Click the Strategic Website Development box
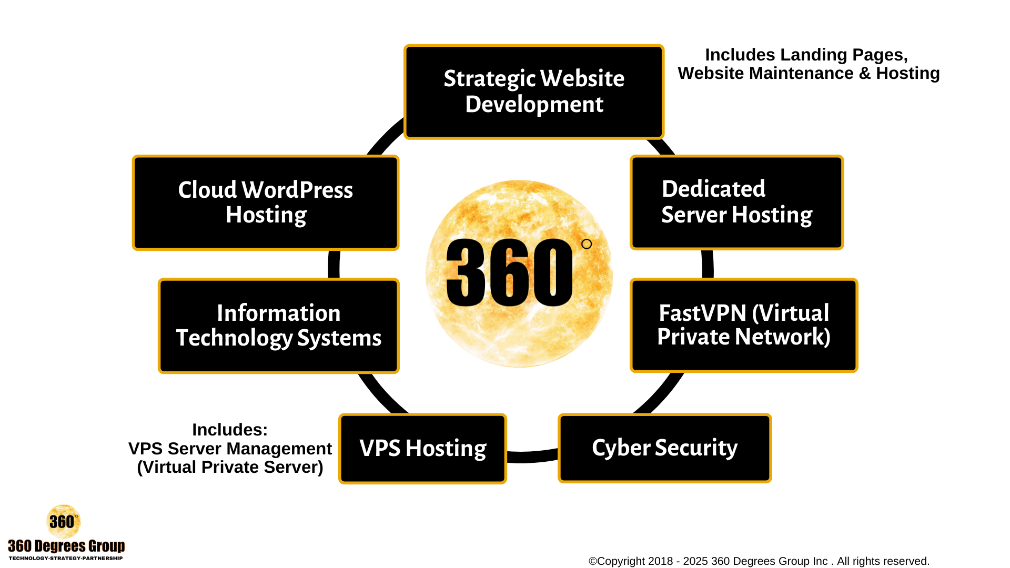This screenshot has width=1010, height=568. (x=534, y=92)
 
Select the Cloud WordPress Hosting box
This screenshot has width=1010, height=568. (x=266, y=202)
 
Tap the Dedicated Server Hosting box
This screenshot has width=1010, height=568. (x=736, y=202)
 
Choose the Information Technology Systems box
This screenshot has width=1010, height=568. (x=279, y=326)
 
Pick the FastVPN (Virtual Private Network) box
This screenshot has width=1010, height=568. (x=744, y=325)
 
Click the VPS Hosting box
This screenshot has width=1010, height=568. (x=422, y=449)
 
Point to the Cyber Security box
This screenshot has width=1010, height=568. (x=664, y=448)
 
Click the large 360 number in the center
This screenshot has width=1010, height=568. (x=509, y=272)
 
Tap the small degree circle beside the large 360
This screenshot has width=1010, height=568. (x=587, y=244)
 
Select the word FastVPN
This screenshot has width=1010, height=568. (x=703, y=313)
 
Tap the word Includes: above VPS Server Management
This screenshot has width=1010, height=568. (x=230, y=430)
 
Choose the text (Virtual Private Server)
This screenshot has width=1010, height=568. (x=230, y=467)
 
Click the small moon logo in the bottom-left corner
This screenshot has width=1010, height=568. (x=63, y=521)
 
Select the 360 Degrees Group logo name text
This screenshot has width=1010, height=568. (x=66, y=546)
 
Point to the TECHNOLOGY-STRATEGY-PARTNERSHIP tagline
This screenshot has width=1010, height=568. (x=66, y=558)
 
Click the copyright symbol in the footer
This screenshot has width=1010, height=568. (x=592, y=561)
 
